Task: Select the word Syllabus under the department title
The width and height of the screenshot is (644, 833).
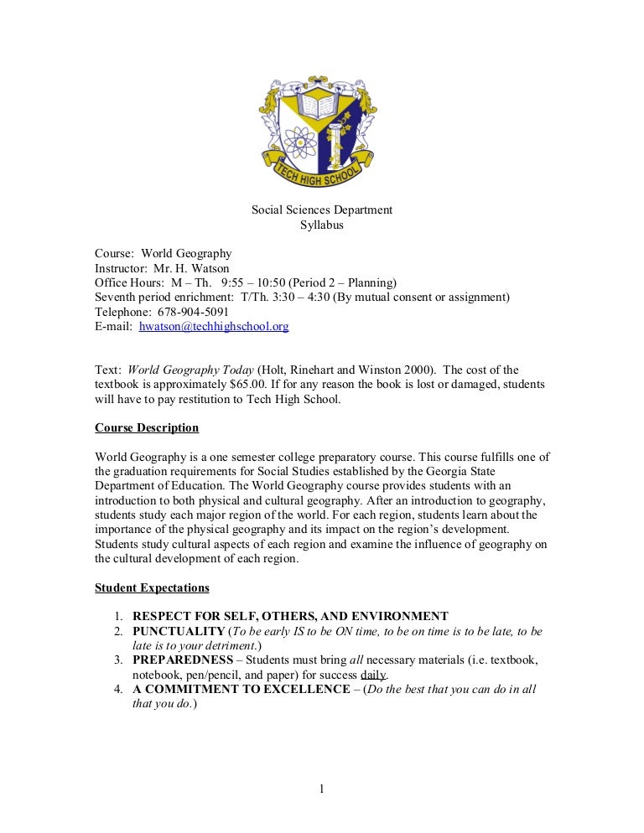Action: (x=322, y=225)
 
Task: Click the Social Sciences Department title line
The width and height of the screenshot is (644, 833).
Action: (x=322, y=210)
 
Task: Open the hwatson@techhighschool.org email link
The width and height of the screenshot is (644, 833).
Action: (x=214, y=327)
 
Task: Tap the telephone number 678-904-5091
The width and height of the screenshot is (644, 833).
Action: (x=183, y=312)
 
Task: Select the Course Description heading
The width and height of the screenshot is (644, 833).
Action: (x=147, y=428)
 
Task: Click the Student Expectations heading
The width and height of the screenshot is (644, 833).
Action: (x=152, y=588)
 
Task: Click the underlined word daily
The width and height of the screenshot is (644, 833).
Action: (x=373, y=675)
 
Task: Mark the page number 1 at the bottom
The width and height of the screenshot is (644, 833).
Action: (x=322, y=787)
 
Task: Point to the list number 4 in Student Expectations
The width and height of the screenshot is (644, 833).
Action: (x=119, y=690)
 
